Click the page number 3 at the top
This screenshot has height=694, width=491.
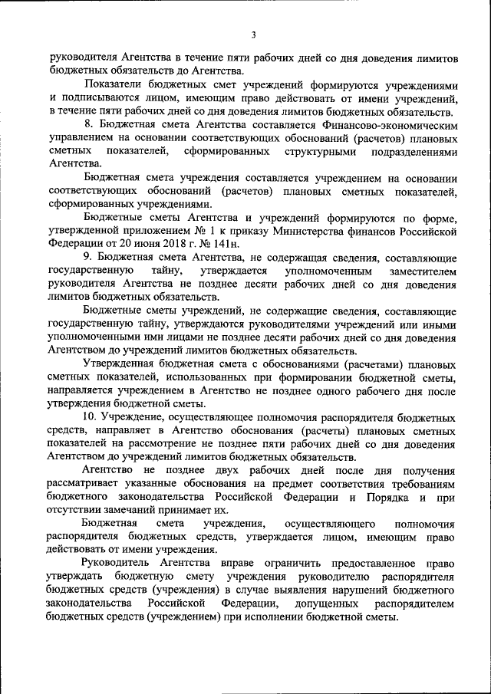pos(252,34)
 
